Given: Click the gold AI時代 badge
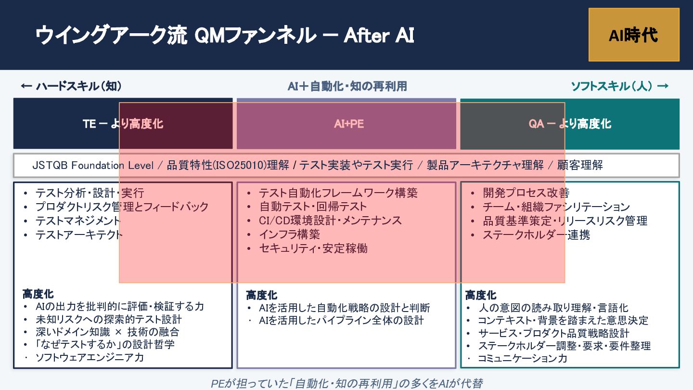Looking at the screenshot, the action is (x=633, y=35).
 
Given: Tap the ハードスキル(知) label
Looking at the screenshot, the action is (x=71, y=86).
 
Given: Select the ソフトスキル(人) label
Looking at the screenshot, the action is (x=619, y=86).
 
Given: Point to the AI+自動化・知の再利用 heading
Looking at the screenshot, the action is (x=347, y=86).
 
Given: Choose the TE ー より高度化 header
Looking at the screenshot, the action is (x=123, y=124).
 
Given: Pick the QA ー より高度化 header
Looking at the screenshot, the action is (x=570, y=124).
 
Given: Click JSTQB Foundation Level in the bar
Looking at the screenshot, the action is (x=92, y=165).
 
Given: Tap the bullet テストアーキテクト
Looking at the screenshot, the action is (x=79, y=235).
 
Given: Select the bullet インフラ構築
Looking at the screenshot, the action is (x=289, y=234).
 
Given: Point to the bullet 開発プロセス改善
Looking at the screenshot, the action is (x=526, y=193).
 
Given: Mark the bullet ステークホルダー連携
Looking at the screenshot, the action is (x=536, y=235).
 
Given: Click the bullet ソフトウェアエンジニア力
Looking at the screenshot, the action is (x=90, y=357).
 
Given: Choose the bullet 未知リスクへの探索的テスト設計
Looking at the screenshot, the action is (x=108, y=319).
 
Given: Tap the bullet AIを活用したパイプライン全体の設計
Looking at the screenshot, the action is (x=341, y=320).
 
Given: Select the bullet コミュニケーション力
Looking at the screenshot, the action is (x=522, y=358).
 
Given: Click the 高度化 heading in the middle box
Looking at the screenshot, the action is (x=261, y=295).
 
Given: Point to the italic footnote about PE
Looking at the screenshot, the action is (x=346, y=383).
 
